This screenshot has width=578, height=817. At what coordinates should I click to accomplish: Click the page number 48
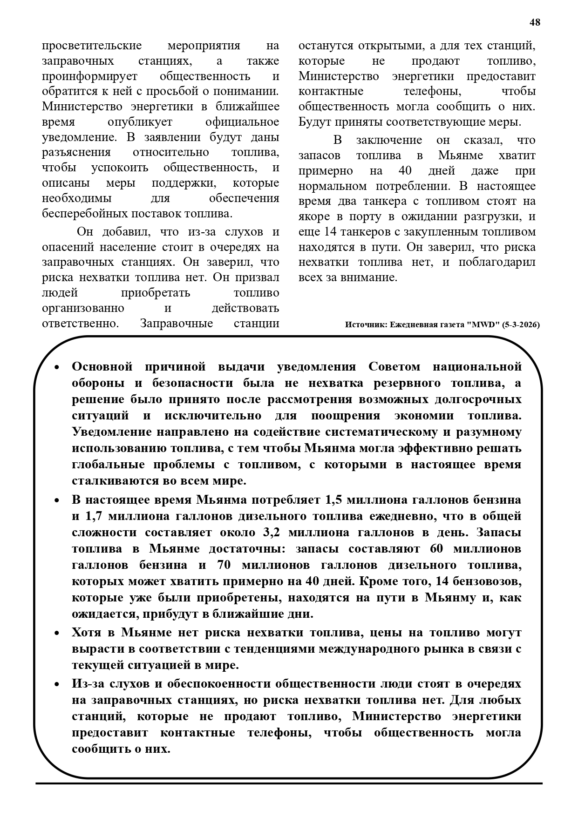(535, 22)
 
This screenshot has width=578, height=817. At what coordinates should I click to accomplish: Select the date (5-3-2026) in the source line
(521, 325)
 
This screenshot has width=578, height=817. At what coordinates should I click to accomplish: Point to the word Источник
(365, 325)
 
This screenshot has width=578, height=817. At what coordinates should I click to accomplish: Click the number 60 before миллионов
(437, 549)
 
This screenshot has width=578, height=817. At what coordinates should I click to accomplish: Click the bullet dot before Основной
(57, 368)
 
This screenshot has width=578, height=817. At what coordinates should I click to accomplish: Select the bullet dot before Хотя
(57, 634)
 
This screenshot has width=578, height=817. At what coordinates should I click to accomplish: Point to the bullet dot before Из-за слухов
(57, 685)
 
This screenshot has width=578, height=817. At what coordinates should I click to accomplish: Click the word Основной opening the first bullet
(102, 367)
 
